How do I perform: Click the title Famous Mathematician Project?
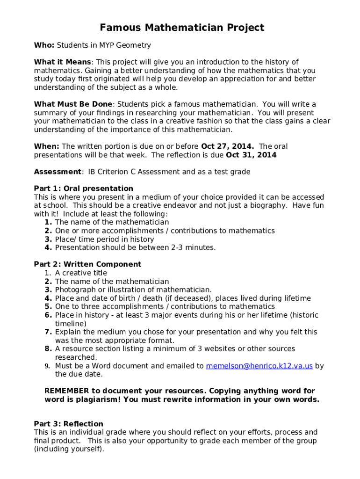(182, 28)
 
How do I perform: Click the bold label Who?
(44, 45)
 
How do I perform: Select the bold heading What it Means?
(63, 62)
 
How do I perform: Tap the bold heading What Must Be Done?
(73, 104)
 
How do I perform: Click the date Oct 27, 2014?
(227, 146)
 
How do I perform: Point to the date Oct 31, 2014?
(251, 155)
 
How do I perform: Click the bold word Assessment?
(57, 172)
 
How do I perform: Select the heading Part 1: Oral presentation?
(84, 189)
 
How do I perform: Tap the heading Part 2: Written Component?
(87, 264)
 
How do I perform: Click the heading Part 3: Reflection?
(69, 424)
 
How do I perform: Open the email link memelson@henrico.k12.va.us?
(259, 366)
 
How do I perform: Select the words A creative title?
(81, 273)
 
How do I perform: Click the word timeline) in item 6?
(71, 323)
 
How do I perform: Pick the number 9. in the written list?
(48, 366)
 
